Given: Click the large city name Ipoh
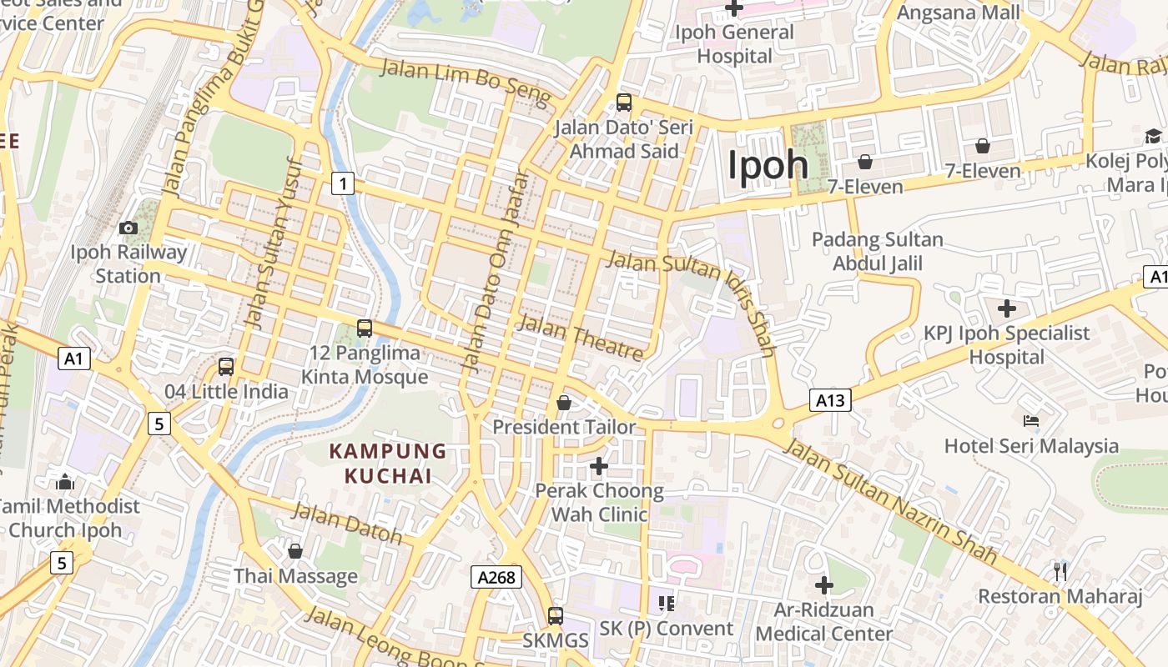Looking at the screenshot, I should (768, 165).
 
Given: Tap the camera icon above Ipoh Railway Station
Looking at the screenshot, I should (128, 228).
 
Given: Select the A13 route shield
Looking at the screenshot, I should (830, 400).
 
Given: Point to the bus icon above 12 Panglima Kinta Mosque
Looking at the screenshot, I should (365, 328).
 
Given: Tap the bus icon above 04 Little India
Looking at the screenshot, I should (226, 366).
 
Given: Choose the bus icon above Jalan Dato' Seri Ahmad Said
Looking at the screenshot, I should (623, 103).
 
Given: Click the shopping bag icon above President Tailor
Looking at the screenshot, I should (564, 403).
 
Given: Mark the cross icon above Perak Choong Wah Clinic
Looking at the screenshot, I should (599, 466).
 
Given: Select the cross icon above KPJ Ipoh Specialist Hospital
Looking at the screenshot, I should (1007, 308).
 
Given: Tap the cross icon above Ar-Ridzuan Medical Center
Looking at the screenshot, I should (824, 585).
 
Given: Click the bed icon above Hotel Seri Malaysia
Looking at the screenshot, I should (1031, 421).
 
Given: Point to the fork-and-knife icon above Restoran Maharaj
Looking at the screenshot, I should (1060, 571).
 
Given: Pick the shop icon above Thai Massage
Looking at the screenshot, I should (295, 551).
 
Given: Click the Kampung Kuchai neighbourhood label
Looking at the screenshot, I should (388, 464).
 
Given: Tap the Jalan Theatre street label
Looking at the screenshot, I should (581, 337).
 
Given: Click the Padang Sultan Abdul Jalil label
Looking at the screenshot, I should (878, 252).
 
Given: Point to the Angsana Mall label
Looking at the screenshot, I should (958, 13).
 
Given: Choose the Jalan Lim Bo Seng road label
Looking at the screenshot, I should (465, 82).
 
